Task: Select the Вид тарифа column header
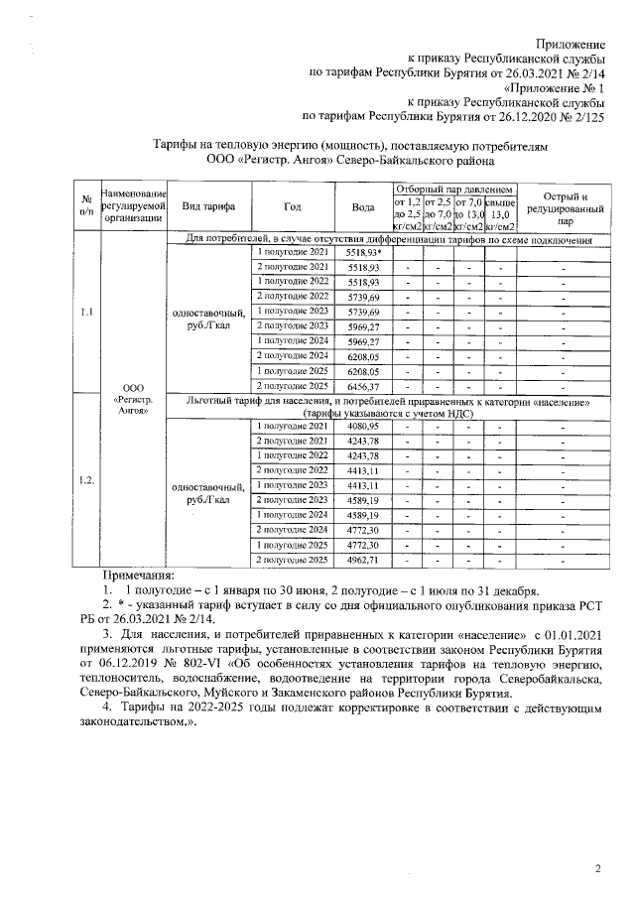click(207, 206)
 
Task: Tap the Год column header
click(292, 206)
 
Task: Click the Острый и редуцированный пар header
click(564, 207)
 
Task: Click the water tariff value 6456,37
click(363, 385)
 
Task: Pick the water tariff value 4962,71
click(363, 561)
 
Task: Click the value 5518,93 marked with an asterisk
click(364, 253)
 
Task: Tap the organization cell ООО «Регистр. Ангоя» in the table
click(132, 397)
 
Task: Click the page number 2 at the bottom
click(597, 869)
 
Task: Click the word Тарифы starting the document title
click(179, 143)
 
